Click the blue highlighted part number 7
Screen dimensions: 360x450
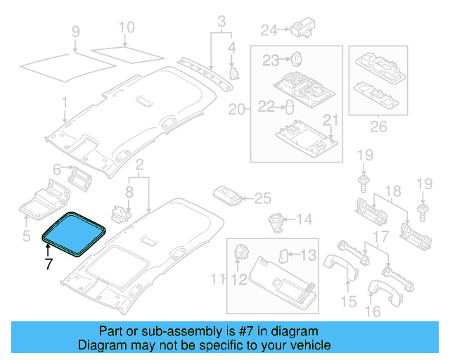click(x=75, y=233)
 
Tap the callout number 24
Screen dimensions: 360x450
click(x=269, y=30)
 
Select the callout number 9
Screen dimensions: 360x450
click(x=76, y=31)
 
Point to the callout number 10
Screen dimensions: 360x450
click(x=126, y=28)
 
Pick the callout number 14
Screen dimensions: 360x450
click(x=304, y=220)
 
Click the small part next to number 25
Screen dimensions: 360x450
click(x=226, y=195)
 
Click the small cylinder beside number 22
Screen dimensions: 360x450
click(x=288, y=107)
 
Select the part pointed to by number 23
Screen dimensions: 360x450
click(x=297, y=58)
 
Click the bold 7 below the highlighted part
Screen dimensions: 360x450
click(x=48, y=264)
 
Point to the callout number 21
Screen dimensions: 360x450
click(x=330, y=120)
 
